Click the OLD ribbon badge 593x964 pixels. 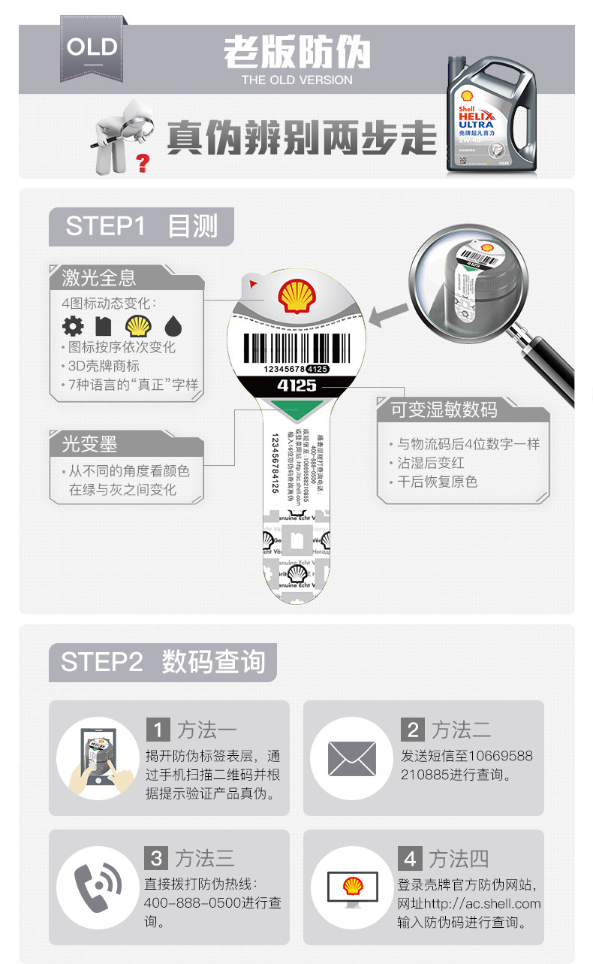[92, 48]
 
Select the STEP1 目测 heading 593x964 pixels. [141, 226]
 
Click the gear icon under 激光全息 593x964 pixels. [73, 326]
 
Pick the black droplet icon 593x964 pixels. [173, 326]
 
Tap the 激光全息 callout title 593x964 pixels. [99, 278]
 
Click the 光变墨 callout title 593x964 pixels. [89, 444]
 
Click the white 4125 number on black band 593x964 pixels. [296, 385]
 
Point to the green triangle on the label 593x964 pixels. [297, 410]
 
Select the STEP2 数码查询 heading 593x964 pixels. [163, 662]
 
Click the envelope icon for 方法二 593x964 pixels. [351, 758]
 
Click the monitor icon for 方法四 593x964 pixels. [351, 887]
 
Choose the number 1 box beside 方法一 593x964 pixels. [158, 729]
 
